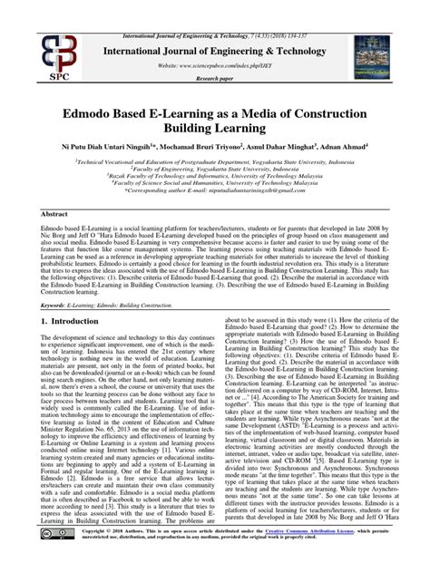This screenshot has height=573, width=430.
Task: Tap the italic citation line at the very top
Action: pos(215,7)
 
